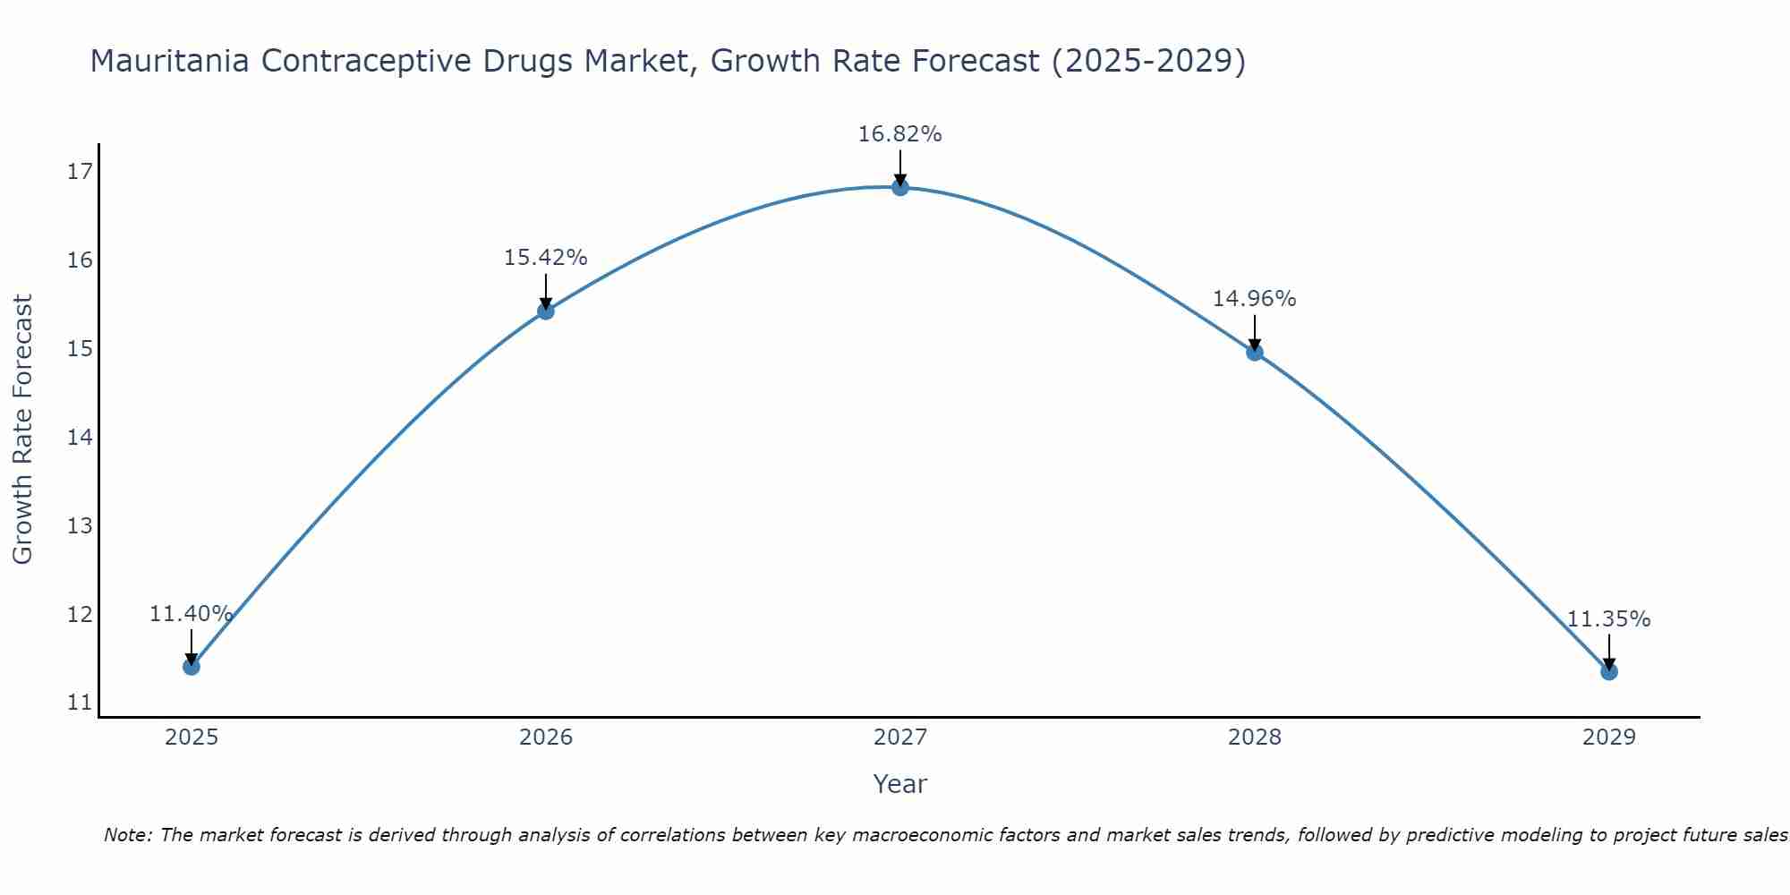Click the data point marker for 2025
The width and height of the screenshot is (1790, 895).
coord(191,667)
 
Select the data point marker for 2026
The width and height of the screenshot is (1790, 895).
coord(545,311)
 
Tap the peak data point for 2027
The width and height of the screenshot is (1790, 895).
coord(899,187)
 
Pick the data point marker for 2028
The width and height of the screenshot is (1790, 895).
coord(1254,353)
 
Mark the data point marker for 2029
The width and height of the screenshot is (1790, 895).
coord(1608,671)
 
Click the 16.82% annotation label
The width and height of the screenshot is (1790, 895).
coord(899,134)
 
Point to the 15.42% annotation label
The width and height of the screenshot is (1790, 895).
coord(545,258)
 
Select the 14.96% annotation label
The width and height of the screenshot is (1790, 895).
coord(1254,299)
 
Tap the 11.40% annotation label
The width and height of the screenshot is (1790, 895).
coord(191,614)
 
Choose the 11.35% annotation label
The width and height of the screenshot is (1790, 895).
coord(1608,619)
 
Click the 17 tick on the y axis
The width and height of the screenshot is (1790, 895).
coord(80,172)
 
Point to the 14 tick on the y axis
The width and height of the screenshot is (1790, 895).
coord(80,438)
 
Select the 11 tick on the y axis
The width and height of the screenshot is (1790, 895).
coord(80,703)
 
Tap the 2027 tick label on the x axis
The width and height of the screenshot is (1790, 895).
coord(899,737)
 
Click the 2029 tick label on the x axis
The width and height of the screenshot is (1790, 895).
coord(1608,737)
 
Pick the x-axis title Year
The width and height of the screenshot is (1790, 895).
coord(899,784)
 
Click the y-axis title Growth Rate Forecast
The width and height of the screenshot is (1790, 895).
coord(23,430)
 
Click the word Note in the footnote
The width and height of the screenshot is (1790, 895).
coord(128,835)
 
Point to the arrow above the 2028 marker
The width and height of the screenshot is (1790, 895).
coord(1254,331)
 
